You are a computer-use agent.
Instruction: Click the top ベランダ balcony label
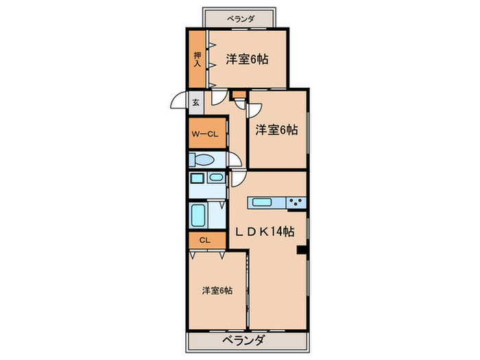point(239,18)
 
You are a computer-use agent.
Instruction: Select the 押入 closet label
point(197,59)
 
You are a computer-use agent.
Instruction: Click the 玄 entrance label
point(195,103)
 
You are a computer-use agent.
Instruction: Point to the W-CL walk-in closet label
point(204,134)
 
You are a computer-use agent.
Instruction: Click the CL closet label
point(204,241)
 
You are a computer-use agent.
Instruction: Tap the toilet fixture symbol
point(204,160)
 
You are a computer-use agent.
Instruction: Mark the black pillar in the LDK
point(300,250)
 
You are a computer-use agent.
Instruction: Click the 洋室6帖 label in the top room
point(246,59)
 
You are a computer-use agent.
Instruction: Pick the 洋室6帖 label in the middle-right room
point(276,129)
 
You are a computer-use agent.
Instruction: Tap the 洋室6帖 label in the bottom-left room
point(217,290)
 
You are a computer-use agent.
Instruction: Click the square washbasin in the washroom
point(197,179)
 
